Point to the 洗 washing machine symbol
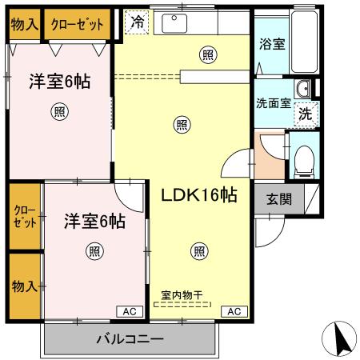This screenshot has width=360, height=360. click(305, 114)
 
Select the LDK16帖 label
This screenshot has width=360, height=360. click(199, 194)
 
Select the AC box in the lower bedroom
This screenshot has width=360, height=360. click(129, 311)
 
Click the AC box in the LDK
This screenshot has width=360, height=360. click(234, 311)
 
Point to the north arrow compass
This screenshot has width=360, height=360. click(341, 340)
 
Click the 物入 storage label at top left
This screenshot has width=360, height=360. click(24, 24)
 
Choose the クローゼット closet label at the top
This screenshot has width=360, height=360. click(78, 24)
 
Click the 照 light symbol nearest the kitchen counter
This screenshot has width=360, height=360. click(208, 54)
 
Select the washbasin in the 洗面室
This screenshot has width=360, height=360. click(303, 88)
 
